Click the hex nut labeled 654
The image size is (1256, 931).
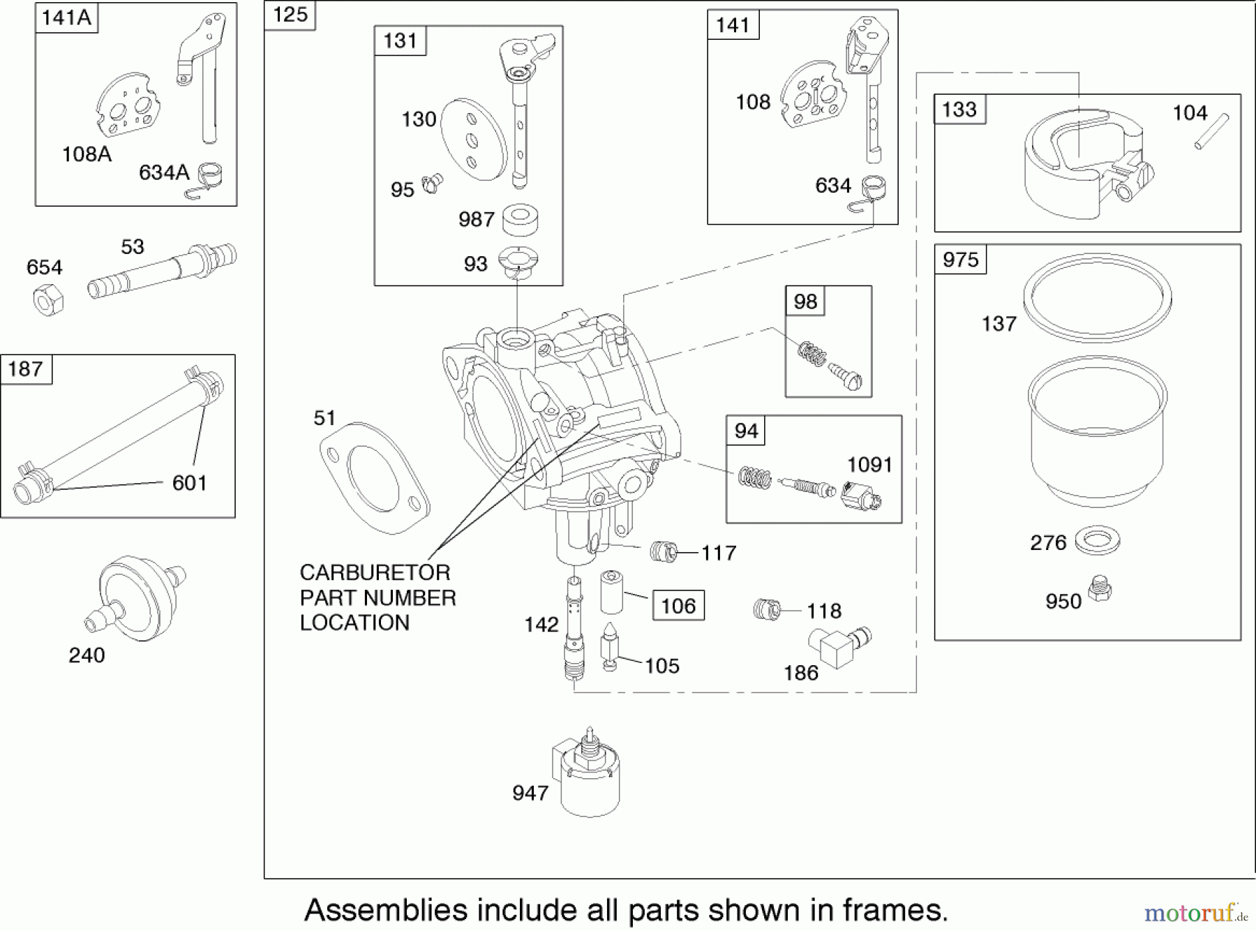click(48, 299)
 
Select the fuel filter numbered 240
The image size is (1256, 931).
click(136, 598)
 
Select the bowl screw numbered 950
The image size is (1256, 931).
click(1100, 590)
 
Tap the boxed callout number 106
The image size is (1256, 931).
click(678, 605)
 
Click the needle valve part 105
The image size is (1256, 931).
click(610, 646)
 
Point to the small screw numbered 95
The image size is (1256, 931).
click(432, 184)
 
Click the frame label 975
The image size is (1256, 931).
click(960, 260)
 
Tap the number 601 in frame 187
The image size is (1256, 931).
click(189, 482)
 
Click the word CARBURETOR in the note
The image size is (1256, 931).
click(375, 572)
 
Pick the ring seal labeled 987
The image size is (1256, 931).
click(520, 219)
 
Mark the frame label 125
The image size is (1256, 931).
click(290, 15)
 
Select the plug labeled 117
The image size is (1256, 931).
click(664, 552)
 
